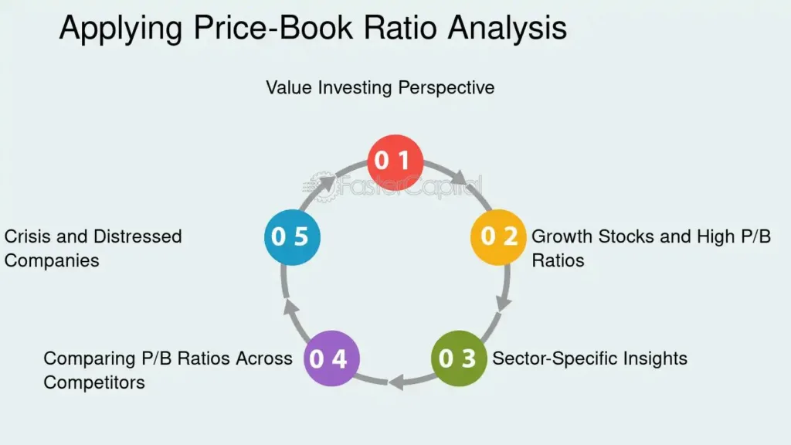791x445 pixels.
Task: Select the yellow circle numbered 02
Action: [x=498, y=237]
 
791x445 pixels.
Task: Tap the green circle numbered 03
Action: [x=459, y=358]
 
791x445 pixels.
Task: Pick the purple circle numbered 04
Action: [x=331, y=358]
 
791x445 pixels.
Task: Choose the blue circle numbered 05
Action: [x=292, y=237]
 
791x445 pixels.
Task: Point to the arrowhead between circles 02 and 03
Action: [x=504, y=304]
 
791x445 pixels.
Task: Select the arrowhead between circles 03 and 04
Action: [x=396, y=382]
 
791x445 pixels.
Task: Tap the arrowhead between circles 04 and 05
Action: [x=291, y=307]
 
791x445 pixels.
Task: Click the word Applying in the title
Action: [x=121, y=29]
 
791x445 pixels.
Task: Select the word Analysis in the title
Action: [x=507, y=29]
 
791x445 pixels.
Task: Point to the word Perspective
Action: [x=446, y=88]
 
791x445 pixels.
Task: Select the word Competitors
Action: [x=94, y=382]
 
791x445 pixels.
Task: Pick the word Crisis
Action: [x=28, y=236]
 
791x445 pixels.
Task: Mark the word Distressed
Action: [x=137, y=236]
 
